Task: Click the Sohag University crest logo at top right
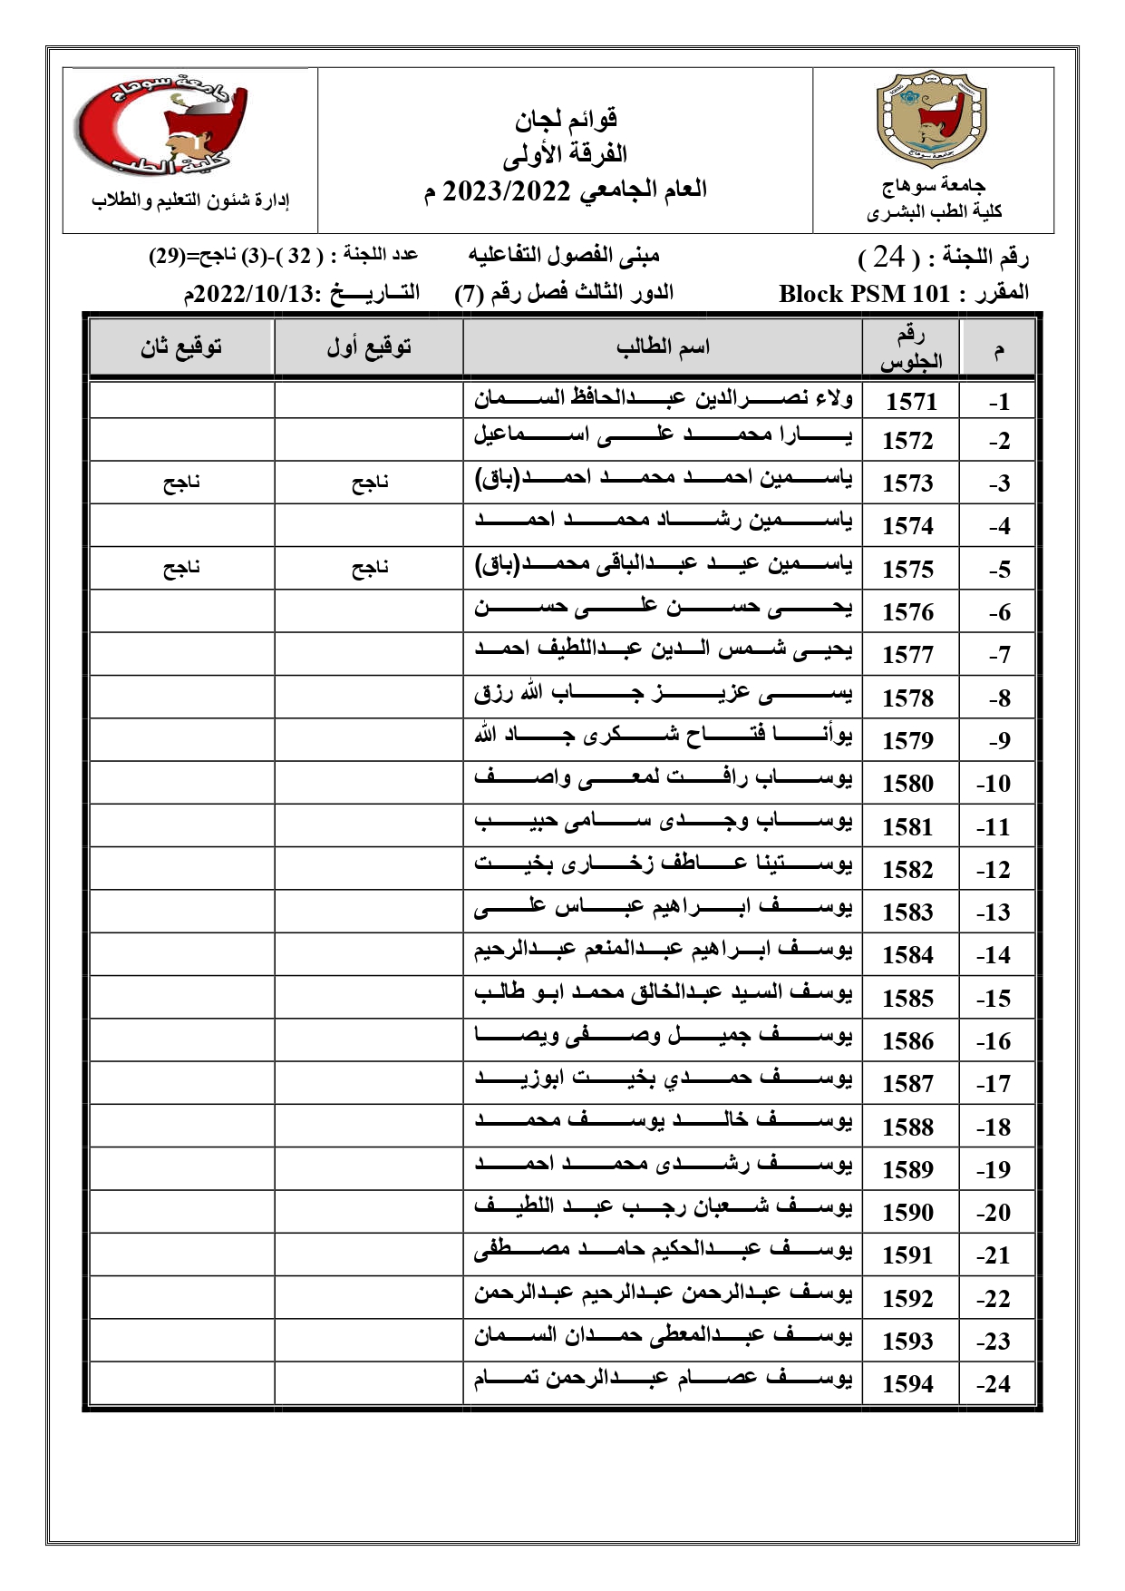click(933, 123)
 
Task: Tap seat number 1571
click(910, 401)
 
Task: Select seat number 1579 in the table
click(907, 740)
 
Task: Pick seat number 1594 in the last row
click(907, 1383)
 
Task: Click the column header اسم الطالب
click(663, 347)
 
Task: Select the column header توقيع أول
click(369, 347)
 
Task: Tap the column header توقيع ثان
click(181, 347)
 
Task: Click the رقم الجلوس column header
click(910, 348)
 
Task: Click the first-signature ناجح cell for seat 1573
click(370, 483)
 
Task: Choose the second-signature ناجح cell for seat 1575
click(181, 569)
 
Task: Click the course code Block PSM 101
click(864, 294)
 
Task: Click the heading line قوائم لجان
click(566, 118)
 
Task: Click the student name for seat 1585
click(663, 993)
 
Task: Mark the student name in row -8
click(663, 696)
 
